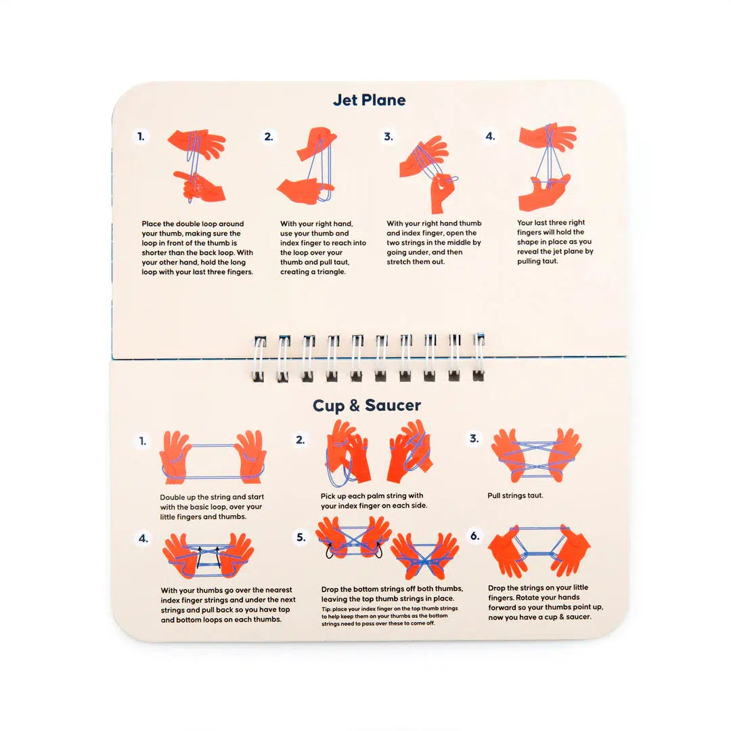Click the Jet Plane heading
click(369, 100)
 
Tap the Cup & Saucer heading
click(366, 405)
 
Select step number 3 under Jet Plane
click(388, 137)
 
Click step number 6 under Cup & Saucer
click(475, 536)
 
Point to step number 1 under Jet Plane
click(141, 137)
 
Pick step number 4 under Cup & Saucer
click(143, 539)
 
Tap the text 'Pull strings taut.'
click(515, 495)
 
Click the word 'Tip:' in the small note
click(327, 608)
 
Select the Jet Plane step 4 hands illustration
click(546, 167)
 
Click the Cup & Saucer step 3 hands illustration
click(536, 455)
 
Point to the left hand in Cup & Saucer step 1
click(175, 456)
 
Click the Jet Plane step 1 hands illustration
click(197, 166)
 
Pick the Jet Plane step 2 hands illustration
click(308, 167)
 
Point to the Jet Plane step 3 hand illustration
click(428, 172)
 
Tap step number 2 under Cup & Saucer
click(300, 440)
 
